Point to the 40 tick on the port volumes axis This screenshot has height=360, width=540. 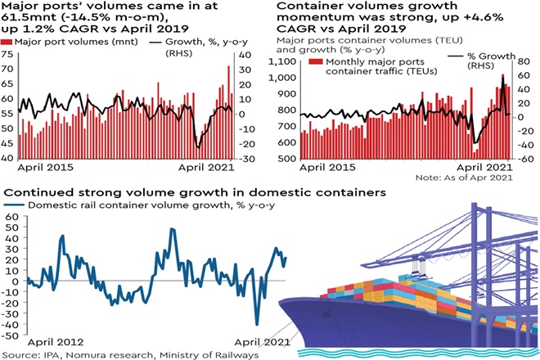[x=9, y=157]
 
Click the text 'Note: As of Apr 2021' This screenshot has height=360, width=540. [x=463, y=178]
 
